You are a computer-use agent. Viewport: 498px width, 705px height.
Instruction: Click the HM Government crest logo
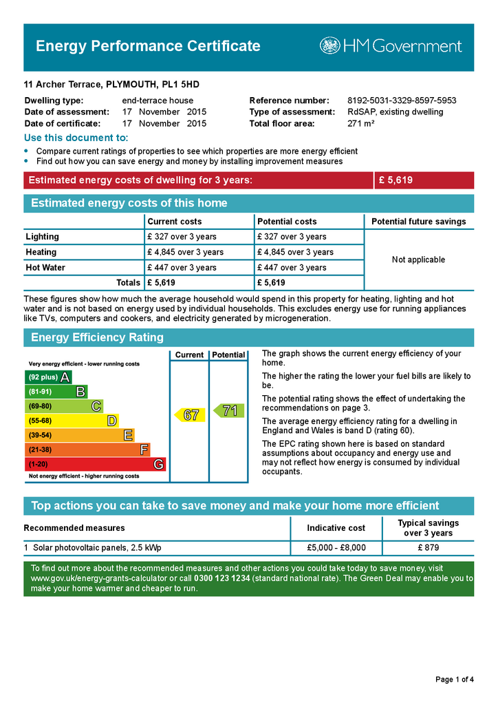click(x=330, y=46)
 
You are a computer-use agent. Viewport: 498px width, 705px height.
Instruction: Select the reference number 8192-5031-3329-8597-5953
click(x=402, y=101)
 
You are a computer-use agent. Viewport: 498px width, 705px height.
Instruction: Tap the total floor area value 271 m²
click(x=360, y=124)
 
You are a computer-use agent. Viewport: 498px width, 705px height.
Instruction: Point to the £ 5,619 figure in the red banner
click(x=396, y=180)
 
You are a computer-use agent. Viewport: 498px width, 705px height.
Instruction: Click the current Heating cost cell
click(x=185, y=252)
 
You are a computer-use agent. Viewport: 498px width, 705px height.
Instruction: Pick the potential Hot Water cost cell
click(x=292, y=268)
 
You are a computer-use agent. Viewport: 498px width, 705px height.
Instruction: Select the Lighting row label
click(x=43, y=237)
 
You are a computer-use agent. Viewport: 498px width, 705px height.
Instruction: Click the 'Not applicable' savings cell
click(x=418, y=260)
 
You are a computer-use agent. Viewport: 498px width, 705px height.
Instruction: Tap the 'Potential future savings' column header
click(x=418, y=222)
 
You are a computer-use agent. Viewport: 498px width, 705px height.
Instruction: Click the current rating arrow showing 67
click(x=189, y=415)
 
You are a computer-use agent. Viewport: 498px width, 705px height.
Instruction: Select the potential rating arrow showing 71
click(x=228, y=411)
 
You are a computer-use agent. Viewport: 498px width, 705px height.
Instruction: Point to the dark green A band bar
click(x=48, y=377)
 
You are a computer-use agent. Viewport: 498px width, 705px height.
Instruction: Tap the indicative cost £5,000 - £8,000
click(x=336, y=548)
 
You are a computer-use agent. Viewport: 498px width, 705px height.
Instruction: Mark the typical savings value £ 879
click(x=428, y=548)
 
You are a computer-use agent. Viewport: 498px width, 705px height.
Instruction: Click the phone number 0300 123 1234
click(x=221, y=578)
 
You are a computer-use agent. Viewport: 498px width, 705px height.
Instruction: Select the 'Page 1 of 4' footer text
click(x=454, y=680)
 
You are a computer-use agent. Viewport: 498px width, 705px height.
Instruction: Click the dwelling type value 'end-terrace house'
click(x=158, y=101)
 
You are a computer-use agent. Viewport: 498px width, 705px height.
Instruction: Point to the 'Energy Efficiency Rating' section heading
click(x=98, y=337)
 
